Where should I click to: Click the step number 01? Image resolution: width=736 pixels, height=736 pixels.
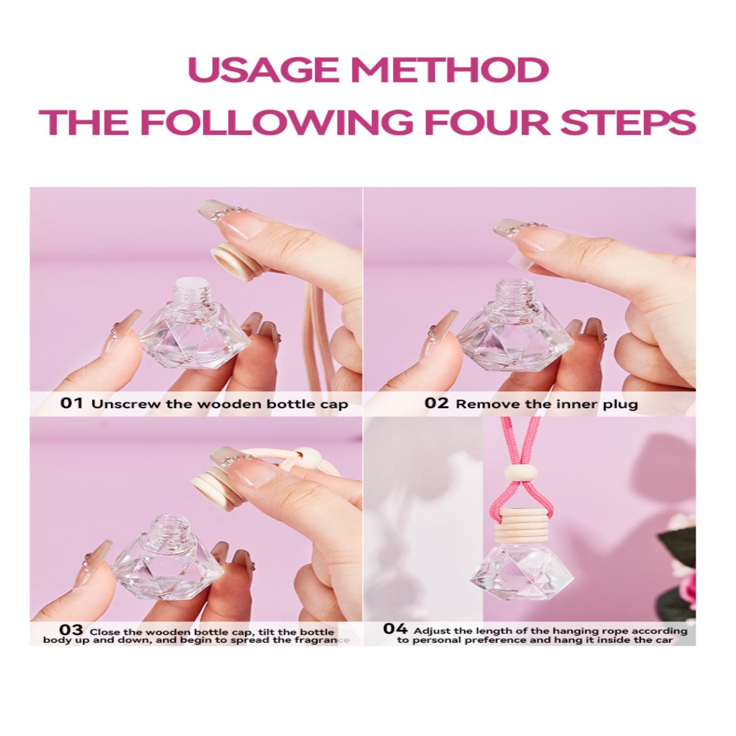click(71, 403)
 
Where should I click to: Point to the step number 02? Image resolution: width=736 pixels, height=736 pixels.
click(436, 403)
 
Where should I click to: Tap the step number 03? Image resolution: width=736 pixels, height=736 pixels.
click(72, 629)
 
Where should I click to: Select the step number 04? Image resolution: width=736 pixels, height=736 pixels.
click(395, 628)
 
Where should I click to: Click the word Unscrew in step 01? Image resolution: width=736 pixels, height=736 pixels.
click(121, 404)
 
